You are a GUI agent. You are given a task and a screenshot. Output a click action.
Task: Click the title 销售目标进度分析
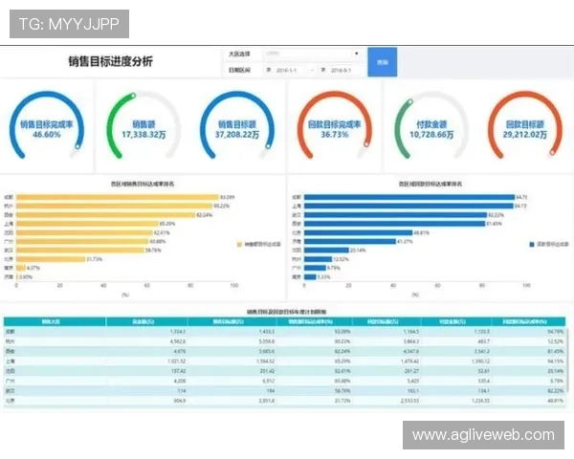click(x=110, y=62)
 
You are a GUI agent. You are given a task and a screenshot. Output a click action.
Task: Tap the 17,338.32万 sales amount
click(x=143, y=135)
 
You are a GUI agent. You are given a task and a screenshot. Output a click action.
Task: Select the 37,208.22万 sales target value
click(x=238, y=135)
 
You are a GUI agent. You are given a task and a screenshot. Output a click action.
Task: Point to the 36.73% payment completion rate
click(x=334, y=135)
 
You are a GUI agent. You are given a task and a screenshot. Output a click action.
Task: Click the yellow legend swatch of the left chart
click(x=239, y=245)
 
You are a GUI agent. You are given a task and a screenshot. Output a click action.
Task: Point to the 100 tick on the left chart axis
click(x=233, y=285)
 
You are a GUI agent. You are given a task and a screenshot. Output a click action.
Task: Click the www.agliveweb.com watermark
click(x=482, y=435)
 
